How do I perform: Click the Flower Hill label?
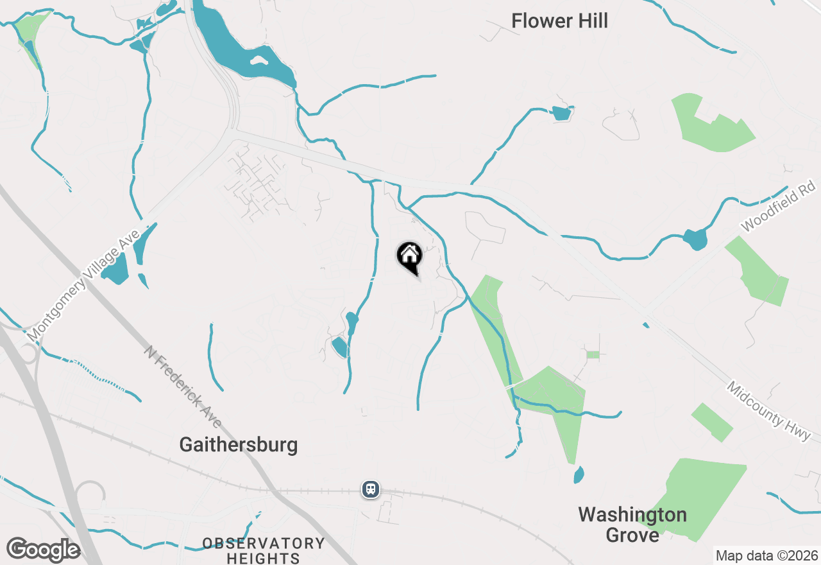[x=559, y=21]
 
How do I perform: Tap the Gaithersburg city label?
[x=238, y=444]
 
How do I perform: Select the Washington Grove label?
[x=632, y=525]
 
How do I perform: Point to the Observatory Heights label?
[x=264, y=551]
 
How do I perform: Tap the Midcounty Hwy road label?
[x=773, y=412]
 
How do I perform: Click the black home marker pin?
[x=409, y=257]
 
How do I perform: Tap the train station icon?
[x=371, y=489]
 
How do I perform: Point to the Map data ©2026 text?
[x=766, y=555]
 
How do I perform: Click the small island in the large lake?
[x=259, y=62]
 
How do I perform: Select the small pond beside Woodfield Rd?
[x=695, y=239]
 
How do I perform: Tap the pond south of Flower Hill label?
[x=561, y=114]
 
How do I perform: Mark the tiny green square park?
[x=593, y=354]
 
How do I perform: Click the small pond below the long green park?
[x=579, y=475]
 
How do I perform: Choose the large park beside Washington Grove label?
[x=696, y=494]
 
